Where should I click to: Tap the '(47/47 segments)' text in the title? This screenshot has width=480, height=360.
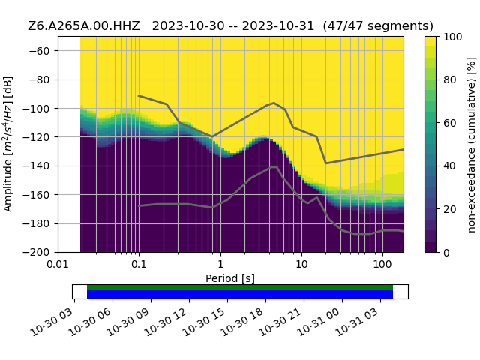coord(378,26)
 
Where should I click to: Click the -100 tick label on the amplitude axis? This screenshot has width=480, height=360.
coord(39,109)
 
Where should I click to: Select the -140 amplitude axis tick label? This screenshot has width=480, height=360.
coord(39,166)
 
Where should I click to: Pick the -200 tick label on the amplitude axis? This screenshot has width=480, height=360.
coord(39,253)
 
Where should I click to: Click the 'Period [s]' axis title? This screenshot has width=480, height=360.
coord(230,278)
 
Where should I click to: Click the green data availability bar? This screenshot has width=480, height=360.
coord(240,287)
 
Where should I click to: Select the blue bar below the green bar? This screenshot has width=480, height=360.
coord(240,295)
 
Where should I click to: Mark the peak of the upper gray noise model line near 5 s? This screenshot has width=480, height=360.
coord(274,103)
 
